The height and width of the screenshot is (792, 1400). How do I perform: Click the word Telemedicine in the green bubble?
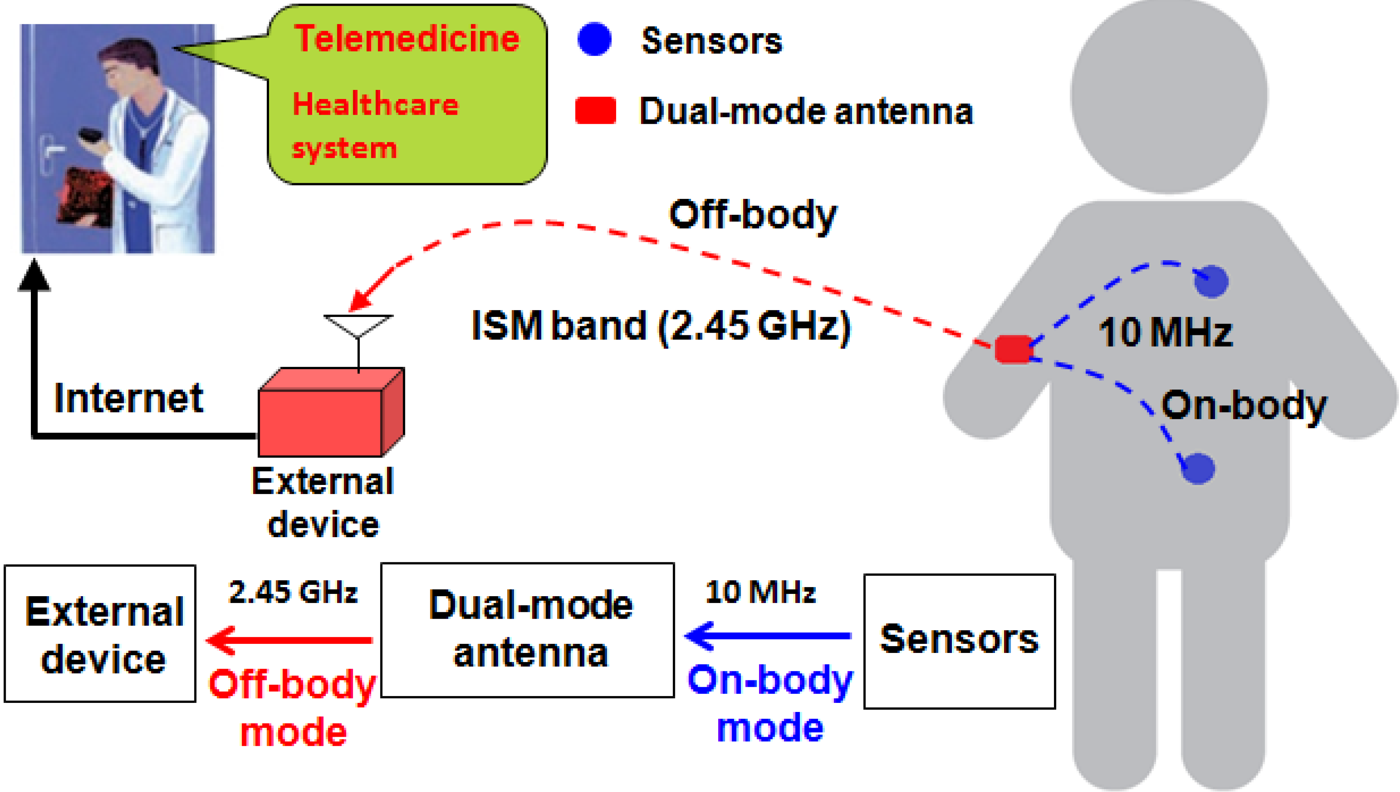[407, 39]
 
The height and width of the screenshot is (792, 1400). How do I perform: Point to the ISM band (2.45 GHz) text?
[660, 326]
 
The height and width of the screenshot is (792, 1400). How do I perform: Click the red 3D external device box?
[321, 422]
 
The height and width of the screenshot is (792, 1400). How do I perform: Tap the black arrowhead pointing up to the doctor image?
[34, 276]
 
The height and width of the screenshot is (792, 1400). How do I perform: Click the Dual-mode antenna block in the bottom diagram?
[527, 630]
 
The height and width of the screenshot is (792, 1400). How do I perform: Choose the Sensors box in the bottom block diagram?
[959, 641]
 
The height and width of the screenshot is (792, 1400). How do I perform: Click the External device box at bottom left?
[100, 633]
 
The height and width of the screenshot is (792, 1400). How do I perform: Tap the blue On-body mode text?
[770, 703]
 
